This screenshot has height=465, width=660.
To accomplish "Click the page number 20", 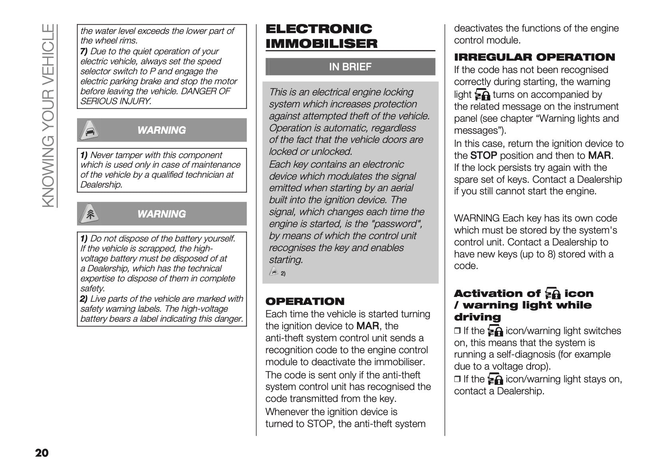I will click(x=42, y=453).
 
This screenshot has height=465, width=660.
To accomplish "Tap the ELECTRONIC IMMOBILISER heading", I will click(x=321, y=36).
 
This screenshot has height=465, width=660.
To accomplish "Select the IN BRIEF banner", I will click(x=350, y=67).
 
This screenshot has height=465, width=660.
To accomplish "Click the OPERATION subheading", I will click(x=305, y=301).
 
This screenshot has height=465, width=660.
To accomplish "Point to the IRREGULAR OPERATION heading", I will click(x=534, y=57).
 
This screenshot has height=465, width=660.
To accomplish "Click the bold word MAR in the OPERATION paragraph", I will click(x=367, y=326).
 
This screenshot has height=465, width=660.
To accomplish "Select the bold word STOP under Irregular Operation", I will click(x=484, y=156).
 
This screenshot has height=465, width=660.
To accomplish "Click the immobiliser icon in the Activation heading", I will click(x=553, y=294).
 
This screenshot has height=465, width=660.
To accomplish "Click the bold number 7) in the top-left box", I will click(x=84, y=51).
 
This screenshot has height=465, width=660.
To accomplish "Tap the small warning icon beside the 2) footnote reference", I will click(x=274, y=272).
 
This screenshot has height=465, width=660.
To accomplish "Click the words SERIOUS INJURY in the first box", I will click(x=116, y=101).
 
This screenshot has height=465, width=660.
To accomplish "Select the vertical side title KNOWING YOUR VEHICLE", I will click(x=48, y=116).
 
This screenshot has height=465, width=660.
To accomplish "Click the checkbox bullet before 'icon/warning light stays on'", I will click(x=457, y=379).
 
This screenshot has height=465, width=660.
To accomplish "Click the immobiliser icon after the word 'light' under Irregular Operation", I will click(x=482, y=95).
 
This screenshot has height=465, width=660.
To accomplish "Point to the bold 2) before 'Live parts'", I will click(x=84, y=299).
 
